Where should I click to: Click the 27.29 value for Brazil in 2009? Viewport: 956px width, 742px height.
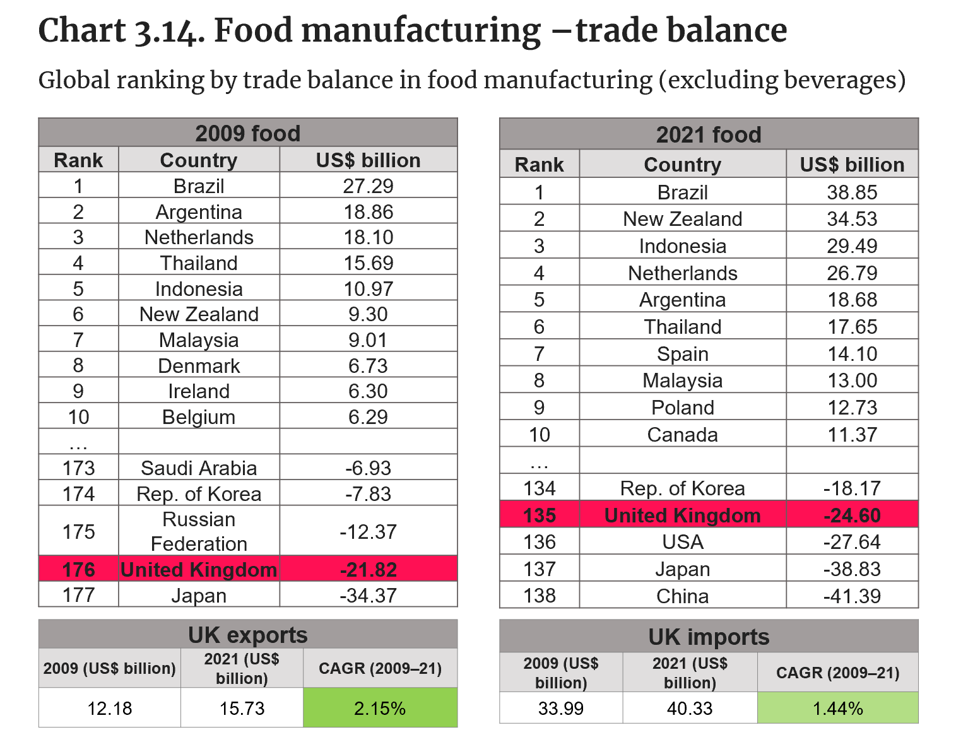(368, 186)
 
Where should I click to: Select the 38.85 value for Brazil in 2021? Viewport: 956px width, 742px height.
(852, 192)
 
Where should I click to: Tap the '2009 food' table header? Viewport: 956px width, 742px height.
(247, 133)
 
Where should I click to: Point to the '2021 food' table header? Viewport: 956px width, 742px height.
(709, 134)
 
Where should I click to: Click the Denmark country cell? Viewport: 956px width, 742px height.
(199, 366)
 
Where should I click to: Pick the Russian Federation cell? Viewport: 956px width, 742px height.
(199, 531)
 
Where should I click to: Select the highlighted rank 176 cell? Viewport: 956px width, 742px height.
(78, 570)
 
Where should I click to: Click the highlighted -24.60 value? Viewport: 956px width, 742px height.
(852, 515)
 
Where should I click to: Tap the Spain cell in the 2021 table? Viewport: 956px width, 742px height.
(682, 354)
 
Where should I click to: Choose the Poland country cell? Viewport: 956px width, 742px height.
(682, 408)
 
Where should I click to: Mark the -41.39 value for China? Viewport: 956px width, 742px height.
(852, 596)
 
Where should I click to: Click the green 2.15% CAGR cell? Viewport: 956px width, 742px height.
(380, 709)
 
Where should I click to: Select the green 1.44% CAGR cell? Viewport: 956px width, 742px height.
(837, 709)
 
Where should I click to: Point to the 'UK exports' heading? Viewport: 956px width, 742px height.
(247, 635)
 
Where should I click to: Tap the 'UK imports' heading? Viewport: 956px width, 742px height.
(709, 637)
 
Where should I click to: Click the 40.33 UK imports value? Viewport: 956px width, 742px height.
(690, 709)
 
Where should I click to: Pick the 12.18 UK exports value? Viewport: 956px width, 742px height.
(110, 709)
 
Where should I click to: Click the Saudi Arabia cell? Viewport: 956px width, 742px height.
(199, 468)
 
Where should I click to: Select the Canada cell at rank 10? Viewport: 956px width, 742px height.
(682, 435)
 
